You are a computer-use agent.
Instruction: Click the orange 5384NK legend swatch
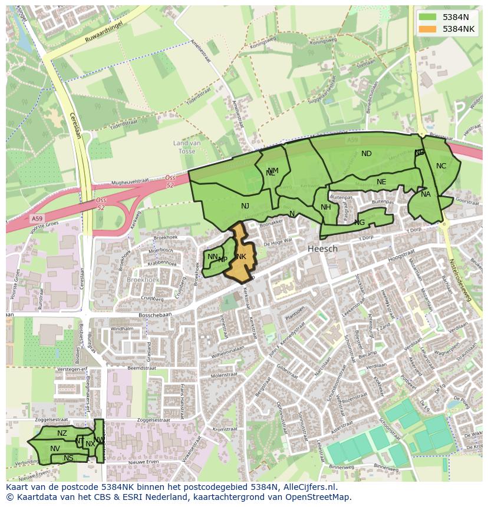click(x=428, y=29)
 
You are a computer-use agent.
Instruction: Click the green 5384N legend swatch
click(x=428, y=17)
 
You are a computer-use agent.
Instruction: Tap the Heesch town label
click(x=322, y=248)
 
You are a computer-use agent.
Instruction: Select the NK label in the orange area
click(x=241, y=257)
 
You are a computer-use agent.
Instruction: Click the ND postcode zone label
click(x=367, y=154)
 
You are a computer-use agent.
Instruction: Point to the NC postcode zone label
click(x=441, y=166)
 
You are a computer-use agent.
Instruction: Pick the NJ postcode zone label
click(x=245, y=206)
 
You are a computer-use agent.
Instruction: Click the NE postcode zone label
click(x=381, y=182)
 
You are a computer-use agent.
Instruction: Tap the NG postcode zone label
click(x=360, y=222)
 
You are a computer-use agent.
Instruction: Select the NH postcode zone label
click(x=325, y=207)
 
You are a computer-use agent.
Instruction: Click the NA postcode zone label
click(x=426, y=194)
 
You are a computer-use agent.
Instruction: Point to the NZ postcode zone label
click(x=62, y=433)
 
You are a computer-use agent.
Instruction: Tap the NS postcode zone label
click(x=68, y=458)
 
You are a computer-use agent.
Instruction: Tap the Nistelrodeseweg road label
click(x=460, y=280)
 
